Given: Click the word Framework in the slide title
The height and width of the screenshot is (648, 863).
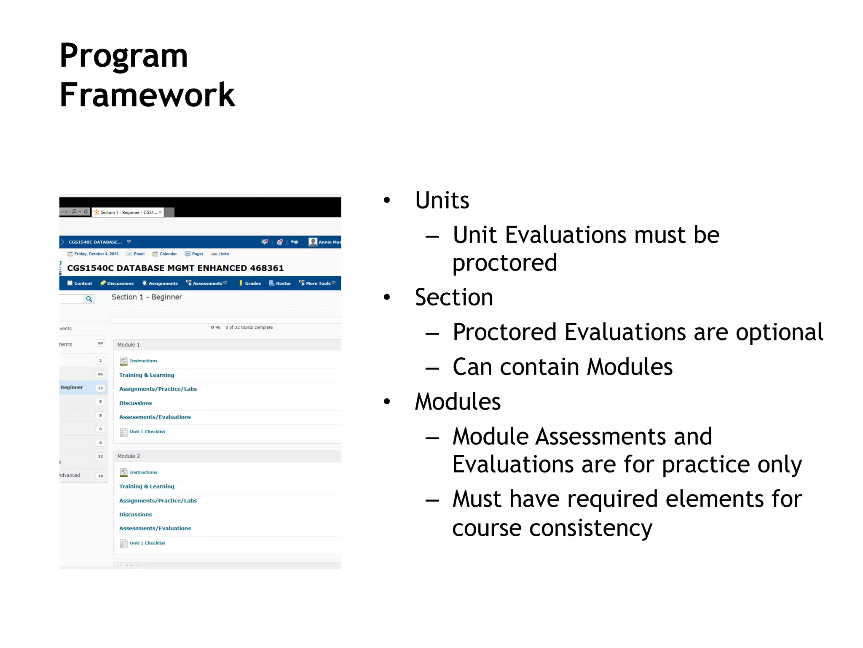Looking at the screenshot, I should (x=147, y=95).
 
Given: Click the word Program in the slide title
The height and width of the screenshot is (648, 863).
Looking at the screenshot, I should (x=123, y=56).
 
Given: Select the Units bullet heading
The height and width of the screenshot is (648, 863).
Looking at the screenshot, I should (x=442, y=200).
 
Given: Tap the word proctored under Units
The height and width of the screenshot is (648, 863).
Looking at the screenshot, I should (x=504, y=263).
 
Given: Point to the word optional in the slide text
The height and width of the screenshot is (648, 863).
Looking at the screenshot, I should (x=779, y=332).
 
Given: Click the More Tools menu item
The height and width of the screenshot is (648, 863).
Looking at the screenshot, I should (x=318, y=283).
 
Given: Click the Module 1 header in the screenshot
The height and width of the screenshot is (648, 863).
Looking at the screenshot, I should (x=129, y=345).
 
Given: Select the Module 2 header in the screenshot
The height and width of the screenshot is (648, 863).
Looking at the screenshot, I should (x=129, y=456).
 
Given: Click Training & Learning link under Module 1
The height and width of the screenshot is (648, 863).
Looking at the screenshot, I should (x=147, y=375).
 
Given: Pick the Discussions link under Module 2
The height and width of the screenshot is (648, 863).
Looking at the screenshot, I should (x=135, y=515).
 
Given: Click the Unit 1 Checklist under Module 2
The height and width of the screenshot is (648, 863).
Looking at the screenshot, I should (x=147, y=543).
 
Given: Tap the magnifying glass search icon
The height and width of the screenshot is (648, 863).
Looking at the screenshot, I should (x=89, y=299).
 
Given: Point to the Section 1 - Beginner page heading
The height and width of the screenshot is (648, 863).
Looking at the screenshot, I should (x=147, y=297).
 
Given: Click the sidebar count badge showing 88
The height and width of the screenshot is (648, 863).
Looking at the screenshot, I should (x=100, y=343).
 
